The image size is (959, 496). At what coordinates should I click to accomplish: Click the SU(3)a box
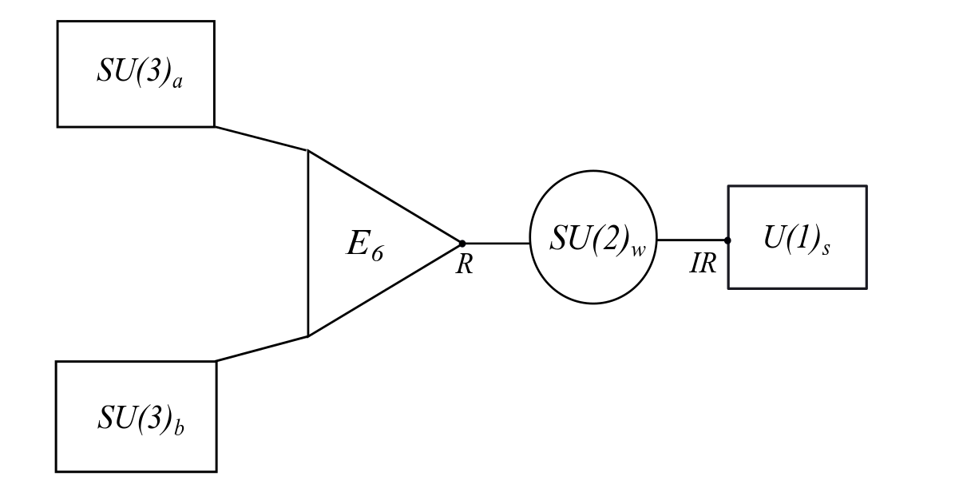(136, 73)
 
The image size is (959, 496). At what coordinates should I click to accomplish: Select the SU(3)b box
(136, 416)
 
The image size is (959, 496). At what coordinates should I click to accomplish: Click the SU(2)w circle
(593, 237)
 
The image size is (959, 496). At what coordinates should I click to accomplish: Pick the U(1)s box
(797, 237)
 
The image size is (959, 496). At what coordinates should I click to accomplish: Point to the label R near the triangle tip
(464, 264)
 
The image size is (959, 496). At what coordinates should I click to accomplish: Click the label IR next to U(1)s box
(703, 264)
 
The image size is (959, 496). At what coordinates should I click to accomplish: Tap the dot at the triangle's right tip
(462, 243)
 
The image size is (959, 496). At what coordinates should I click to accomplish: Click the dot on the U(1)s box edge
(727, 240)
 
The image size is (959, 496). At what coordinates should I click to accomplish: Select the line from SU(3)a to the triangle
(261, 138)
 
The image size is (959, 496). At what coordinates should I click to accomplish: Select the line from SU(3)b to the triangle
(261, 348)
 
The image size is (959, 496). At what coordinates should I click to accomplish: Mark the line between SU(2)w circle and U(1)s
(692, 240)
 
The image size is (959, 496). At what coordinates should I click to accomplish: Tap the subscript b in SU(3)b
(179, 428)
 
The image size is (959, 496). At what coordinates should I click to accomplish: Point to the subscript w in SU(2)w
(638, 249)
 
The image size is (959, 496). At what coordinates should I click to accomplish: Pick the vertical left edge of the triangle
(308, 244)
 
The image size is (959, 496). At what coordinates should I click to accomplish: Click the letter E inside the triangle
(356, 243)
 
